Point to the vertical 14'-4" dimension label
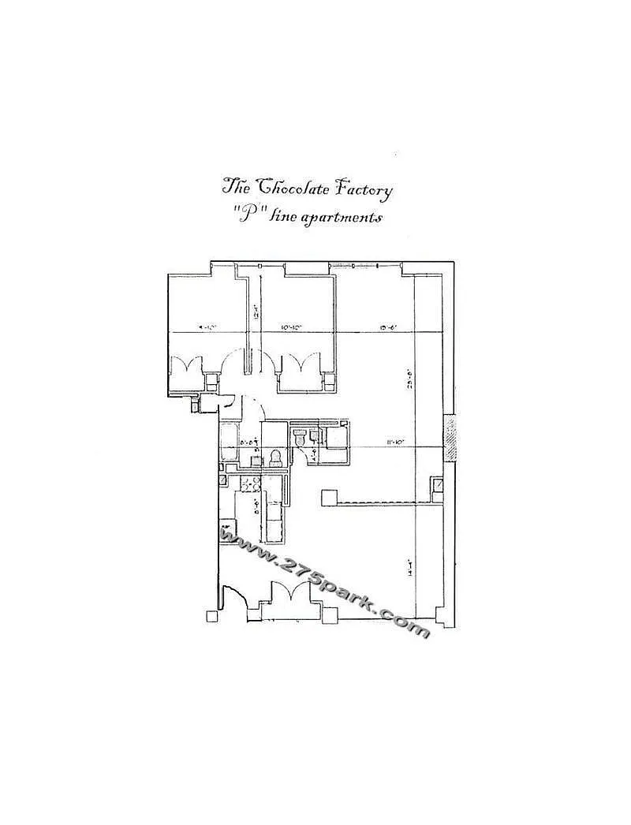[x=409, y=568]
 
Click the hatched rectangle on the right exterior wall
[x=450, y=438]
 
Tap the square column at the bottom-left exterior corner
[x=211, y=616]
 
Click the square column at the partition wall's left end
[x=329, y=497]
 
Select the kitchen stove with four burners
[x=250, y=486]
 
